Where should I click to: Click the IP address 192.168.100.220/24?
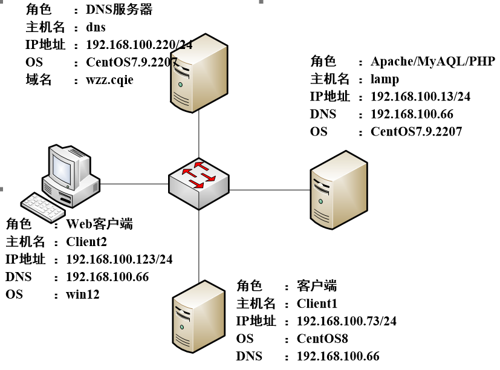point(139,45)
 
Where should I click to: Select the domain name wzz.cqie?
point(109,80)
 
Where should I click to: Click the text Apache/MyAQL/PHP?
point(433,61)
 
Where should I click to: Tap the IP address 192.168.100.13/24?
point(420,97)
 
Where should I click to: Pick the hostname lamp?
point(385,79)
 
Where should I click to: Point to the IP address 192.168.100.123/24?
point(119,259)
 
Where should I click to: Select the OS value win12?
point(82,294)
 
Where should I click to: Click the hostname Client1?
point(317,303)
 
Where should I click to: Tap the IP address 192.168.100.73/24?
point(347,320)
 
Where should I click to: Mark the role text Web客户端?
point(99,224)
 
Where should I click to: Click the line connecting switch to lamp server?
point(269,190)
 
